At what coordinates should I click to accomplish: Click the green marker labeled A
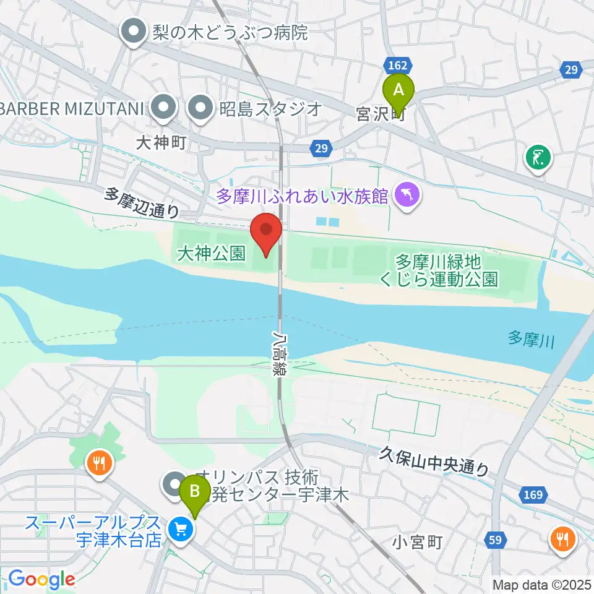click(398, 92)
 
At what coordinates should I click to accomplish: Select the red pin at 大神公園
click(267, 231)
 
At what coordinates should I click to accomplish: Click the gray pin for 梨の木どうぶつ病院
click(134, 32)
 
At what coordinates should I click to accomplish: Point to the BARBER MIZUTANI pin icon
click(163, 109)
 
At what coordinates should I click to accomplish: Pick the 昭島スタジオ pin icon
click(201, 109)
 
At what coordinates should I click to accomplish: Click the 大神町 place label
click(161, 144)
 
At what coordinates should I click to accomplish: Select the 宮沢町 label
click(379, 114)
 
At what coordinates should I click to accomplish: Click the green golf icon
click(539, 157)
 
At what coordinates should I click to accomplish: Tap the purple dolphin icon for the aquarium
click(409, 196)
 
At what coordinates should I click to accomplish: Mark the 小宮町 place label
click(418, 543)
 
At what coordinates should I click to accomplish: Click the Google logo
click(41, 579)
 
